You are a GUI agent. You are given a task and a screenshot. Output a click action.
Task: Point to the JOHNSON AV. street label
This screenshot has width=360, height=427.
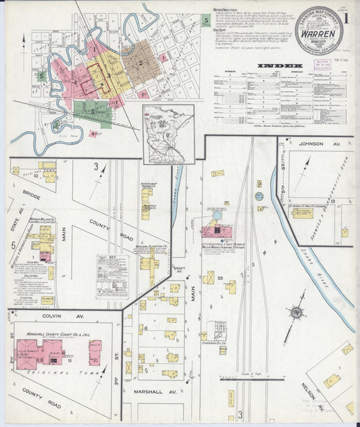pos(315,143)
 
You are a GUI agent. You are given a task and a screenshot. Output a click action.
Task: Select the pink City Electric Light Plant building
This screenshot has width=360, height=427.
pos(216,232)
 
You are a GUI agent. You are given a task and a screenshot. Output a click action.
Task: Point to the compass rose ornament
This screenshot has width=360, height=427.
pos(295,313)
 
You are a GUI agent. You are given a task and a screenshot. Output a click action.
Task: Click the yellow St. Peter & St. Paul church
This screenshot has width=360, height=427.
pos(302,213)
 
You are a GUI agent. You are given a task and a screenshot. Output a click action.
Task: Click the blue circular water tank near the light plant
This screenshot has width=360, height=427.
pos(217,215)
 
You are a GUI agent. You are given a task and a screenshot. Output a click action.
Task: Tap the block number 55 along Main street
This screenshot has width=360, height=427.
pos(220,278)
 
